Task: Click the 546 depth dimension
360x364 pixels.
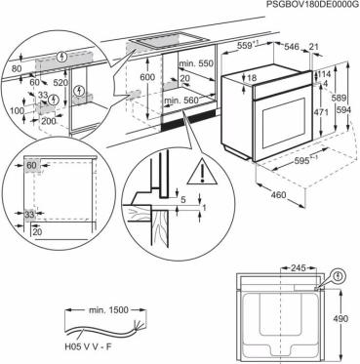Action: click(x=292, y=45)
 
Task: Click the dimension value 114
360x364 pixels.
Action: click(x=325, y=72)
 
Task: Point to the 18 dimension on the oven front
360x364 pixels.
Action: click(x=252, y=78)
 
